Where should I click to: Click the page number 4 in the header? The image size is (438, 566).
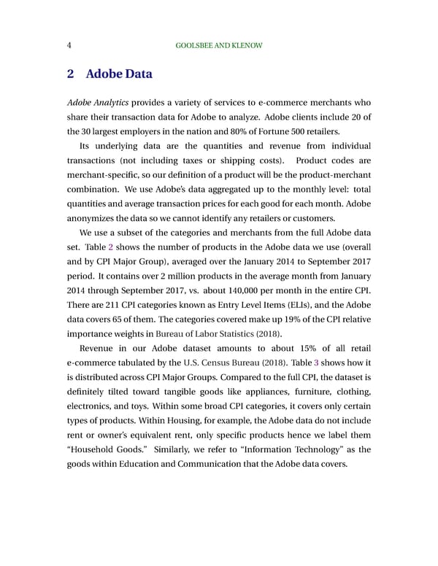68,45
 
